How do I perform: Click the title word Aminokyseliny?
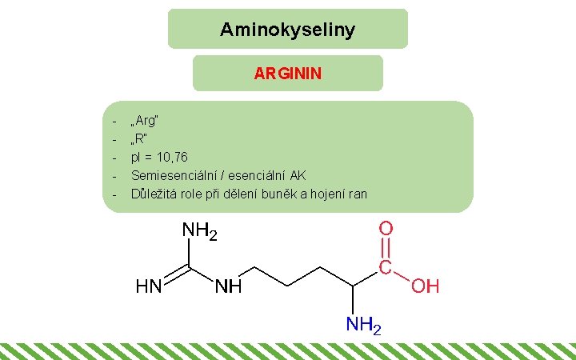click(287, 30)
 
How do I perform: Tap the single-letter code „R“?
click(141, 138)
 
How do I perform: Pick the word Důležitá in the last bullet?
click(153, 193)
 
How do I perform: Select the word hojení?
click(330, 193)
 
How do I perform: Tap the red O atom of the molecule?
click(386, 229)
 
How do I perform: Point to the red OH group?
click(425, 286)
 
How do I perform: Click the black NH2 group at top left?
click(200, 231)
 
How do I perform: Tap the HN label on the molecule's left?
click(149, 286)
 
